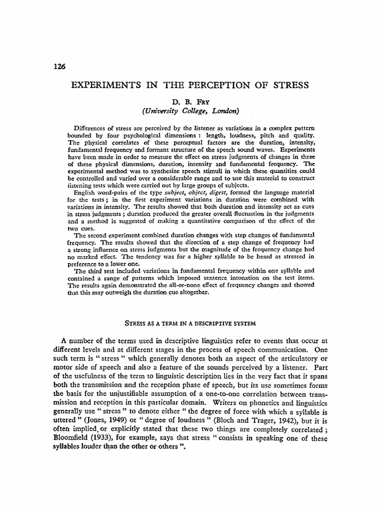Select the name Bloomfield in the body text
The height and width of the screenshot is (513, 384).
click(74, 438)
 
